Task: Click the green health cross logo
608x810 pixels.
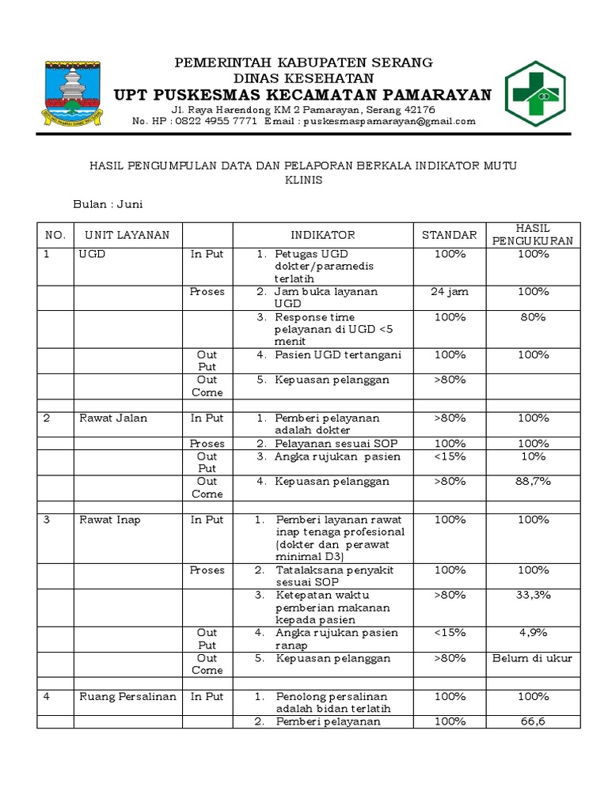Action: click(537, 94)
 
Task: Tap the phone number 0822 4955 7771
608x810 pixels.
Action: click(211, 122)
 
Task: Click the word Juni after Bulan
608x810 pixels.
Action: click(130, 204)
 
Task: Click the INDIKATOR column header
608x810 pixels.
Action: click(322, 235)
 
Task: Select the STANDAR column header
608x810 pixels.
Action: click(449, 235)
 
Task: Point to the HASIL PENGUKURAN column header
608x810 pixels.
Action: click(533, 235)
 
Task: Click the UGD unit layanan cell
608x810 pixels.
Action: click(92, 254)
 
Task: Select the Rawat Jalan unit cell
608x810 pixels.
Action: click(113, 418)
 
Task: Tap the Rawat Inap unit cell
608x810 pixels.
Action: click(110, 520)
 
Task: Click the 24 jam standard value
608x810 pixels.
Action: click(449, 292)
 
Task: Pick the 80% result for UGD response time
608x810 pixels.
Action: click(533, 317)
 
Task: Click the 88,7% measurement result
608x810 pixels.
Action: click(533, 481)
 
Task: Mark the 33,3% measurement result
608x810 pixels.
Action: click(533, 595)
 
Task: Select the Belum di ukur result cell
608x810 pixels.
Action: click(533, 658)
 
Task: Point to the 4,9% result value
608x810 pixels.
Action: click(533, 633)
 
